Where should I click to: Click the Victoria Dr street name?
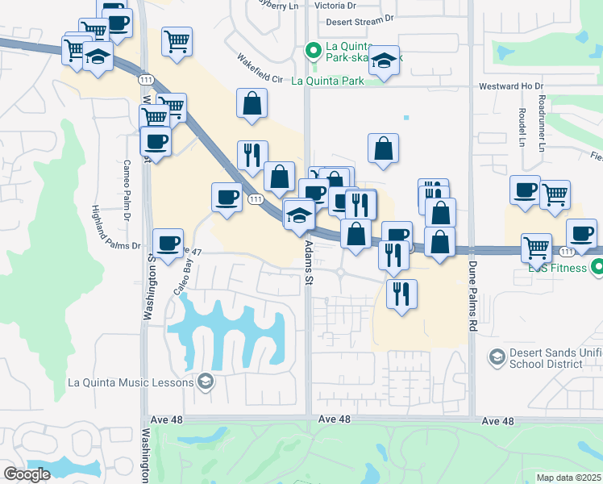335,5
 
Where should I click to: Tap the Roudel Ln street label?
522,127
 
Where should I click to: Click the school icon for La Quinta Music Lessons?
206,382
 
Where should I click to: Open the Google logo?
27,474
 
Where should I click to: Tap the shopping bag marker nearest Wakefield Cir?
252,103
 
